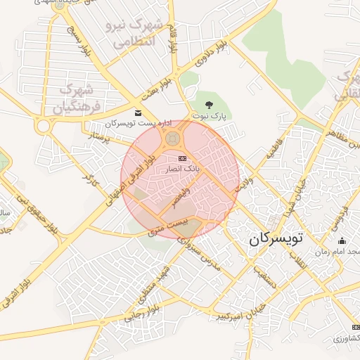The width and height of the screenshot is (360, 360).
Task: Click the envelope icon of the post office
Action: pyautogui.click(x=137, y=113)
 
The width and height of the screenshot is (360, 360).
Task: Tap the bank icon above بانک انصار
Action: pyautogui.click(x=183, y=158)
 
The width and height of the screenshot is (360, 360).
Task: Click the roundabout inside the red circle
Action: pyautogui.click(x=172, y=140)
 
